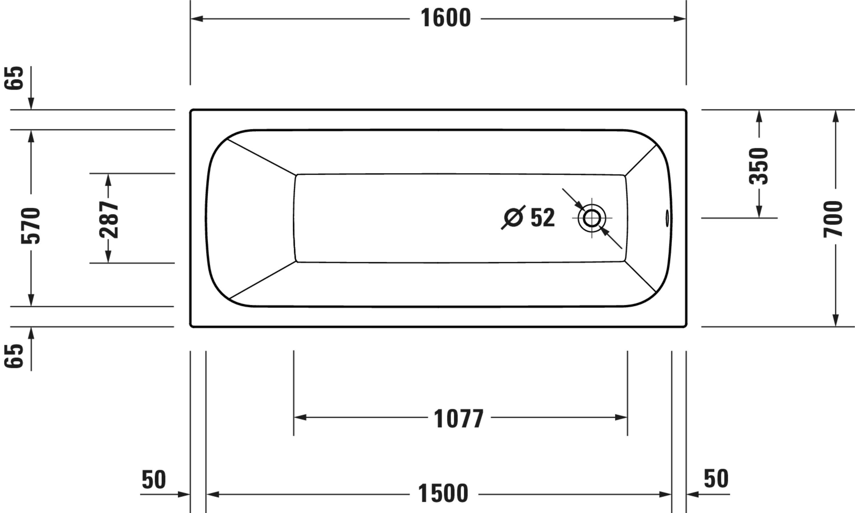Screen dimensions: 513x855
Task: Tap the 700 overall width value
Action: click(x=833, y=219)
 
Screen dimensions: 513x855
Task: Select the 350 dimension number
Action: click(x=758, y=166)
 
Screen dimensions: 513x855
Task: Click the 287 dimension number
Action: click(x=109, y=220)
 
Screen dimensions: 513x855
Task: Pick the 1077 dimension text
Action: click(x=458, y=419)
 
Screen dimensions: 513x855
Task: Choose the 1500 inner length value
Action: click(x=443, y=494)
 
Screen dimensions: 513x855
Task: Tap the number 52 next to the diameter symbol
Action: click(x=542, y=218)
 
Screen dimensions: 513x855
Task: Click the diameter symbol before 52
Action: click(x=513, y=218)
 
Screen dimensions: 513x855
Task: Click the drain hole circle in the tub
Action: click(x=592, y=218)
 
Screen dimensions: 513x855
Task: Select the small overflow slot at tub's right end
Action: click(x=667, y=218)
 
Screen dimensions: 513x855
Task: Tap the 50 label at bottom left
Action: click(x=154, y=479)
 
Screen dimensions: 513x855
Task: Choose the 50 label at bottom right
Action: click(x=716, y=479)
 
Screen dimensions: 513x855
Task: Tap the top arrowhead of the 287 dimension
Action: click(x=108, y=180)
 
